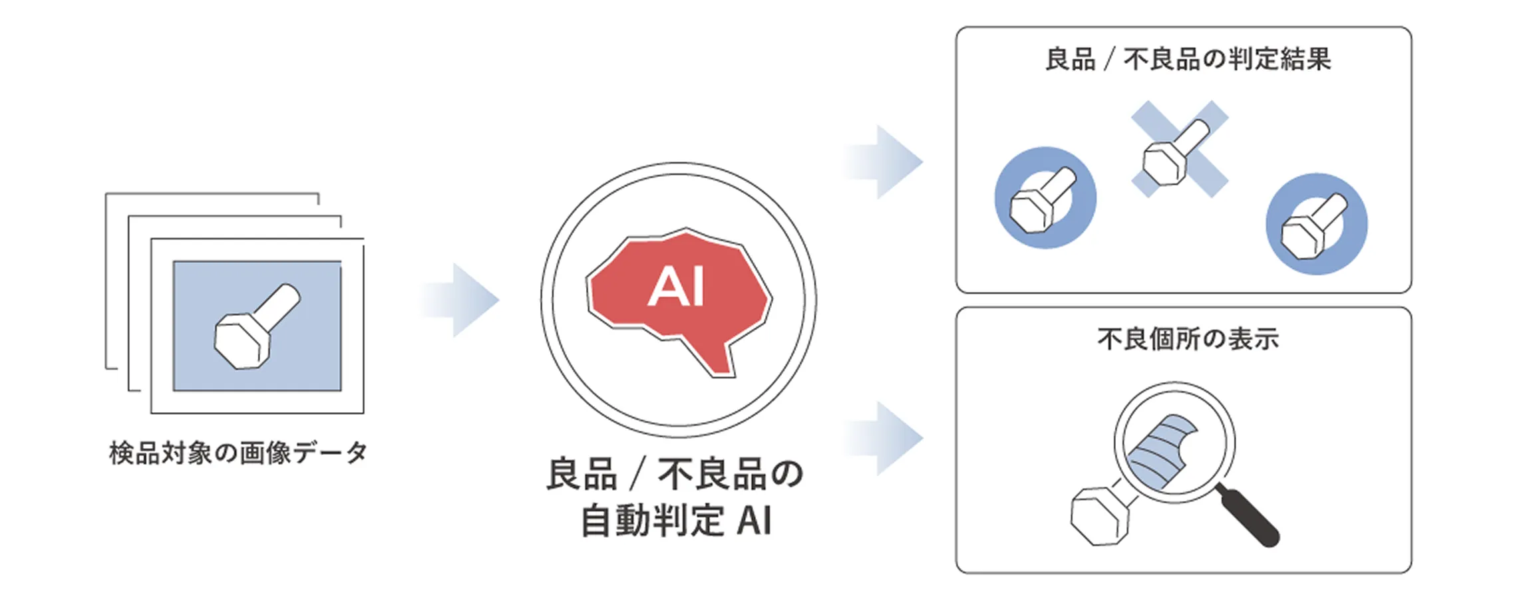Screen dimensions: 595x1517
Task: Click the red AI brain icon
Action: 679,293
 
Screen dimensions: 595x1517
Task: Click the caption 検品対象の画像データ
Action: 238,453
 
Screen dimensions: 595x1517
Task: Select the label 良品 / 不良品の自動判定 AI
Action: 676,497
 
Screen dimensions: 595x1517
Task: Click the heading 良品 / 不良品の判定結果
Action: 1188,59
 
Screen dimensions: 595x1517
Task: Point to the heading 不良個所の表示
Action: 1188,339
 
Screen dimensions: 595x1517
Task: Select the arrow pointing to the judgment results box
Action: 885,162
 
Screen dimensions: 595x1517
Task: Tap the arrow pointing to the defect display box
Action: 885,438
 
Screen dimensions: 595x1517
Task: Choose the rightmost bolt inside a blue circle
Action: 1315,226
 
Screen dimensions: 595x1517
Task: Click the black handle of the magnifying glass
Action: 1248,516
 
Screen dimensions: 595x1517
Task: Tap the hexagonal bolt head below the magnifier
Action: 1098,516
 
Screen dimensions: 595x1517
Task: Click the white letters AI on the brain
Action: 676,287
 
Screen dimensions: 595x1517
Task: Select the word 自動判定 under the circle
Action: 652,521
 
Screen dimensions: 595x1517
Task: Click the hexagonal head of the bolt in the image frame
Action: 241,342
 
